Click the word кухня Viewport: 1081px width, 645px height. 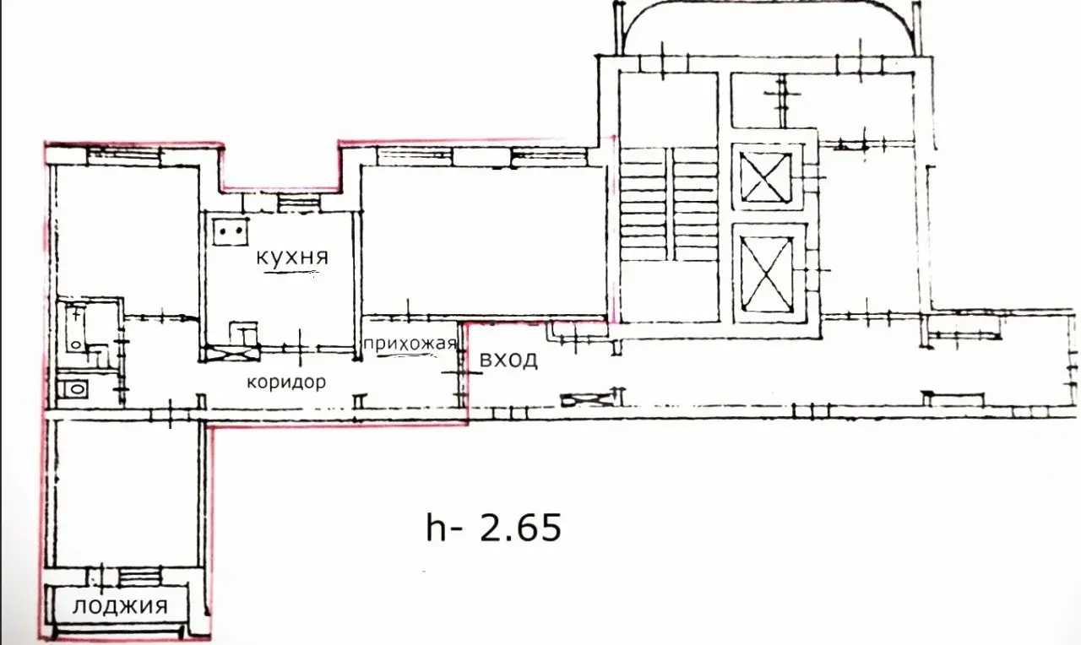click(x=292, y=257)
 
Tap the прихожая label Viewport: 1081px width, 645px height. click(x=410, y=344)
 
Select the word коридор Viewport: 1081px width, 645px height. click(x=286, y=382)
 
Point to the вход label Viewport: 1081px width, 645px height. click(x=508, y=360)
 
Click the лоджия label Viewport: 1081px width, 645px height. click(x=120, y=606)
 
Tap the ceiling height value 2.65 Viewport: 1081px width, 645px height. click(x=520, y=528)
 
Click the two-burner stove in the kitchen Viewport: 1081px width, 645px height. click(x=231, y=230)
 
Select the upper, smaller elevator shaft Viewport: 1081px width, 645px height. click(x=766, y=176)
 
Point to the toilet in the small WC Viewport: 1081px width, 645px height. click(x=73, y=388)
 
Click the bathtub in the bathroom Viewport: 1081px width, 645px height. click(x=76, y=326)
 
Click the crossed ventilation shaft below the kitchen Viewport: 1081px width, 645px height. click(x=231, y=353)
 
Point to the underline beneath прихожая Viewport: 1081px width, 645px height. click(x=407, y=355)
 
